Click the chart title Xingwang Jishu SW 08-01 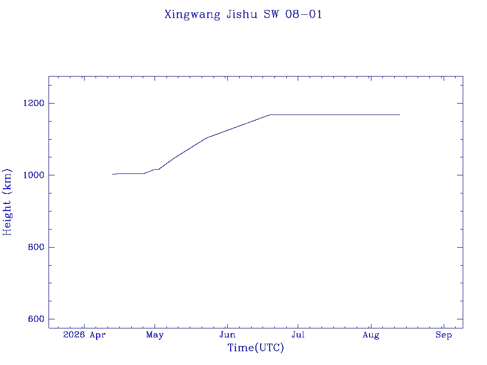(243, 15)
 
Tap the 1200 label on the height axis (34, 103)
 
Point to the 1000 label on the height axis (34, 175)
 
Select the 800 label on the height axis (36, 247)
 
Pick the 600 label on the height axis (36, 319)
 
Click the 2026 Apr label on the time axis (84, 335)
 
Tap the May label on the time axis (155, 335)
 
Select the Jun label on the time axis (228, 335)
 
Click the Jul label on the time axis (298, 335)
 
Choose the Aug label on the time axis (371, 336)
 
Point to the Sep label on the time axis (444, 335)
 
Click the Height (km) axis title (7, 202)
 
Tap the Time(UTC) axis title (255, 348)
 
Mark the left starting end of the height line (112, 174)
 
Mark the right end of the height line (399, 115)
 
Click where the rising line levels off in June (270, 115)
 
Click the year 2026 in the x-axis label (74, 335)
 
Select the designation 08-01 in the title (304, 14)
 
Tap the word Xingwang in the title (192, 15)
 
